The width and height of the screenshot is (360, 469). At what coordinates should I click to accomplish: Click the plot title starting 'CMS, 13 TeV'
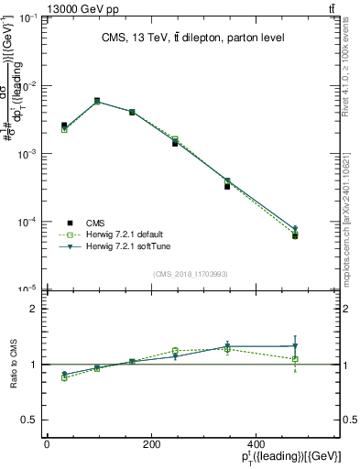(192, 38)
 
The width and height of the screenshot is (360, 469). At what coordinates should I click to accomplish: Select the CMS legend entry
(96, 222)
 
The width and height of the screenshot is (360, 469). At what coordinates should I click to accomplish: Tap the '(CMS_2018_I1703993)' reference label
(191, 275)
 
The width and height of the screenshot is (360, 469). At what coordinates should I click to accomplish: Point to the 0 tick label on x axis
(47, 443)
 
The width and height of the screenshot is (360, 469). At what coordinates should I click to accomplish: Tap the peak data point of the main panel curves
(96, 101)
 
